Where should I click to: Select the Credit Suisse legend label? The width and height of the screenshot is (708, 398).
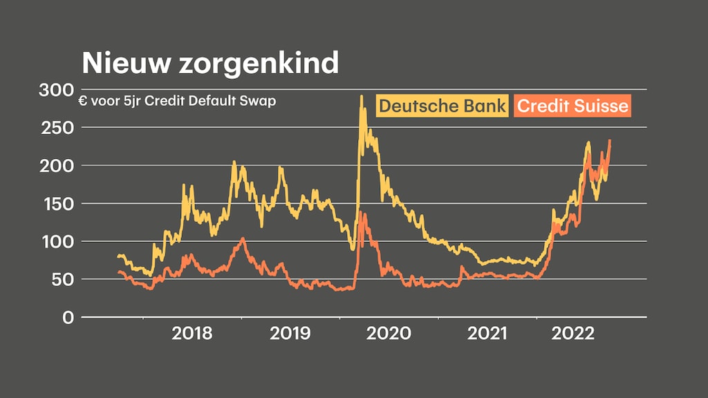click(x=573, y=106)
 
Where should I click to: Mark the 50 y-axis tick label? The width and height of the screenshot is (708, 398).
click(x=62, y=280)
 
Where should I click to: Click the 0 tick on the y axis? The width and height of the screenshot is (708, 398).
click(x=68, y=318)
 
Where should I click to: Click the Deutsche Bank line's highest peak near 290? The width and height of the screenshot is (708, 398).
click(x=361, y=97)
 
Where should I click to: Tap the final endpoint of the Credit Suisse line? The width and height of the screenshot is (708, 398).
click(x=610, y=141)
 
